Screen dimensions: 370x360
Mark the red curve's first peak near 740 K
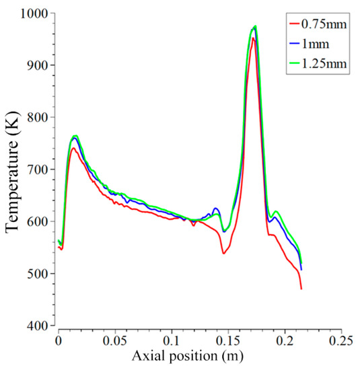[73, 148]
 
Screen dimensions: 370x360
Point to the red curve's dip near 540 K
[223, 253]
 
